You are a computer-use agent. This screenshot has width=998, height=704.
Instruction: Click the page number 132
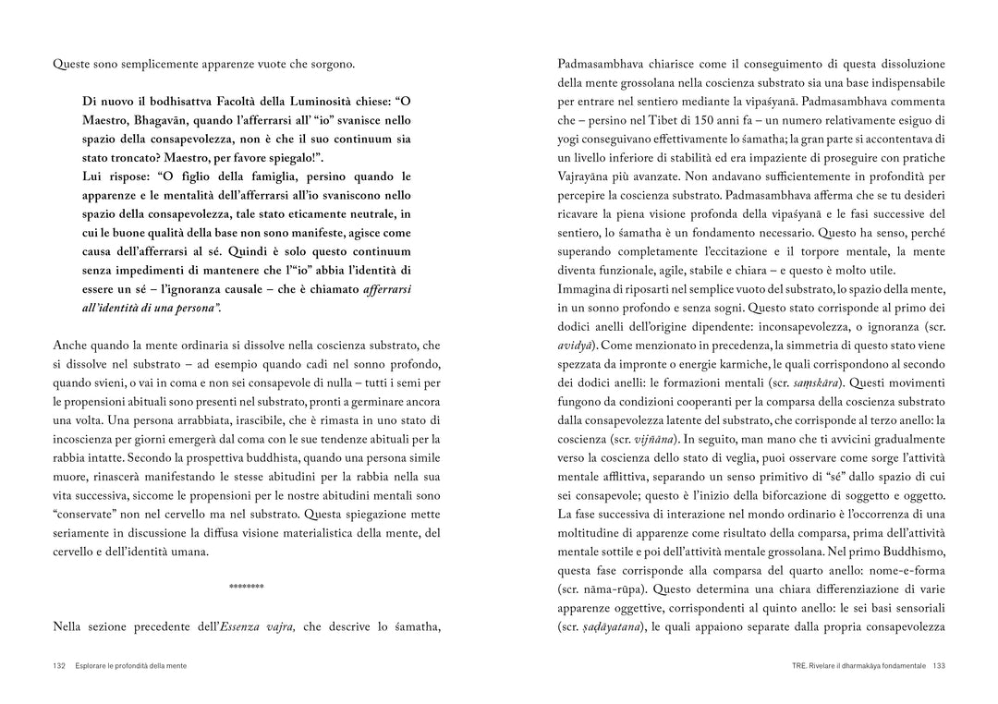point(59,665)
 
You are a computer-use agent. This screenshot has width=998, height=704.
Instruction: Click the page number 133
point(938,665)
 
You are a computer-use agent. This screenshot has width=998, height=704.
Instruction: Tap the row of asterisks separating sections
point(246,587)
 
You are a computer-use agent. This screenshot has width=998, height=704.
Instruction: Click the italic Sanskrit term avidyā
point(576,345)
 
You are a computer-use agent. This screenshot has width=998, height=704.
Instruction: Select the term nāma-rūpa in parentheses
point(612,589)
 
